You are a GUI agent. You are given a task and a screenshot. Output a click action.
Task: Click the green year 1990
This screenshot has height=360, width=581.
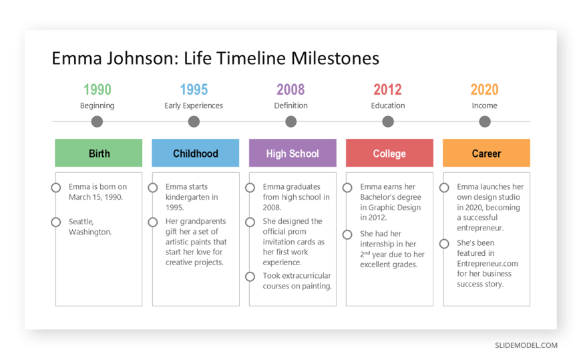coord(97,89)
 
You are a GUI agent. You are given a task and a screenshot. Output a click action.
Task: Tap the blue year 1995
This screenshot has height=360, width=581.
coord(194,89)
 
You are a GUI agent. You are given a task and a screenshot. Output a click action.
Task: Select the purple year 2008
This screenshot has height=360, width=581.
coord(290,89)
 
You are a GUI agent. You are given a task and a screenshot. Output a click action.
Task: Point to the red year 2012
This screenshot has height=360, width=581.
coord(387,89)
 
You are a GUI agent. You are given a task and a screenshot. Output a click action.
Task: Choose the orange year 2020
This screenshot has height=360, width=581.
coord(484,89)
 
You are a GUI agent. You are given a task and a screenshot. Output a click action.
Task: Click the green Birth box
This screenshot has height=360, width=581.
coord(99,153)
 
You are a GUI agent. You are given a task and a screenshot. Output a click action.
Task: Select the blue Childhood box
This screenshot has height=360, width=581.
coord(195,153)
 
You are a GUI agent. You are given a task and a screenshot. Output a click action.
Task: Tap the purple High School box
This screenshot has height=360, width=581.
coord(293,153)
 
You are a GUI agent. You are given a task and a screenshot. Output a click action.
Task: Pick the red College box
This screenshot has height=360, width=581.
coord(389,153)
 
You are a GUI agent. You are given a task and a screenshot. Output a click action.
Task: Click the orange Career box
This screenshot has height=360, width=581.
coord(487,153)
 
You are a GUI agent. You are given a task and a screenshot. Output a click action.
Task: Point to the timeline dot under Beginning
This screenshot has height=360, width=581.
coord(97,122)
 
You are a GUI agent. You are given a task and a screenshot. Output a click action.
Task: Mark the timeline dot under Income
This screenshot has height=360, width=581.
coord(485,122)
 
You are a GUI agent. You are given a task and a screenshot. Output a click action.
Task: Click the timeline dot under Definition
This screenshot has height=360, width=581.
coord(291,122)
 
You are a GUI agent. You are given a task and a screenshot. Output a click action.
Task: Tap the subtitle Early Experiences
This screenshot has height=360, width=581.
coord(194,106)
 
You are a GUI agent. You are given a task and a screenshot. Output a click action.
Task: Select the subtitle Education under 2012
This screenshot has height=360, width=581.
coord(388,106)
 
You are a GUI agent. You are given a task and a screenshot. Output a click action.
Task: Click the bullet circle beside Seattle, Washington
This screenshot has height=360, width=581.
coord(56,222)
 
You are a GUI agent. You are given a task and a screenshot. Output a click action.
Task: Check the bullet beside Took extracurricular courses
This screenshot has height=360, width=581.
coord(250,277)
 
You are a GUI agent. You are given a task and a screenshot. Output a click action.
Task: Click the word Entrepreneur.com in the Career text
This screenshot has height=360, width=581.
coord(488,264)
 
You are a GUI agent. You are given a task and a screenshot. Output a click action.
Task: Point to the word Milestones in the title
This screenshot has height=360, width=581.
coord(335,58)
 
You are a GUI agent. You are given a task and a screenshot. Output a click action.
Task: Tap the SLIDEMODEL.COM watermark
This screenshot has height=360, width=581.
coord(526,345)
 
